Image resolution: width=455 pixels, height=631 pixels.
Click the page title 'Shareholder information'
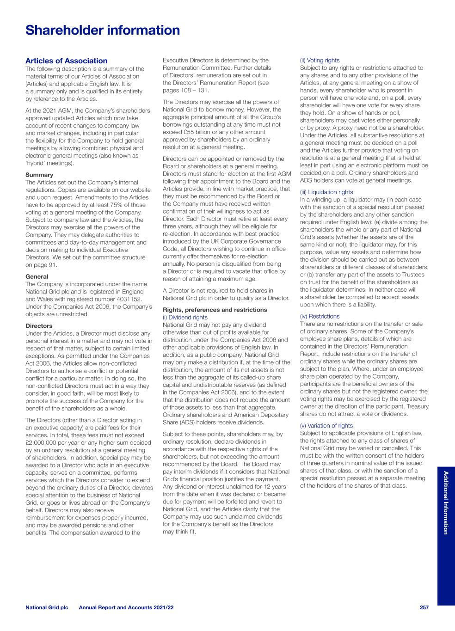click(103, 31)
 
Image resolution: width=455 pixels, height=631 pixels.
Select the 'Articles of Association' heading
click(66, 61)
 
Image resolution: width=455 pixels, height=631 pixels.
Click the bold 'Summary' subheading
click(39, 175)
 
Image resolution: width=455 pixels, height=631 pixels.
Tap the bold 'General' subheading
click(37, 276)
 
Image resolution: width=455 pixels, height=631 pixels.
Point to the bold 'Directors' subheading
click(39, 326)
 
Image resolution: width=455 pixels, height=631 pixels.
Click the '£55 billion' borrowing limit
click(195, 132)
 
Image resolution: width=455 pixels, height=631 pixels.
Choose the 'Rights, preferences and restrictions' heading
click(215, 310)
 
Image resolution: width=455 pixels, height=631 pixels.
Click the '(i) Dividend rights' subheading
click(185, 317)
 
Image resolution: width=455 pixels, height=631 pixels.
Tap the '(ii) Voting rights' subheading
click(320, 60)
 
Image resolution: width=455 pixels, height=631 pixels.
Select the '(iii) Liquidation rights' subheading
click(326, 192)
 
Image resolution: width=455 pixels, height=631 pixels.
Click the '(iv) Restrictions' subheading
click(320, 316)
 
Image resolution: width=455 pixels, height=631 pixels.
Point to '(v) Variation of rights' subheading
click(326, 425)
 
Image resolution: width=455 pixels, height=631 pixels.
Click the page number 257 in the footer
click(424, 607)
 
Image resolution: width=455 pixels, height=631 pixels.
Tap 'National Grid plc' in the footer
click(47, 607)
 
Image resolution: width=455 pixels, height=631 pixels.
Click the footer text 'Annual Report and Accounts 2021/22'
click(126, 607)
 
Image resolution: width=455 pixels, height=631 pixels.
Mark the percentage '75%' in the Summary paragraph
click(114, 205)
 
